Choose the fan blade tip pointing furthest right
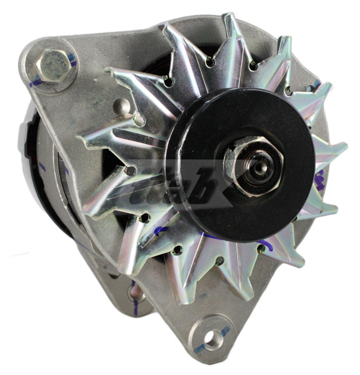[x=343, y=150]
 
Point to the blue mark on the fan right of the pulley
[x=320, y=181]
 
